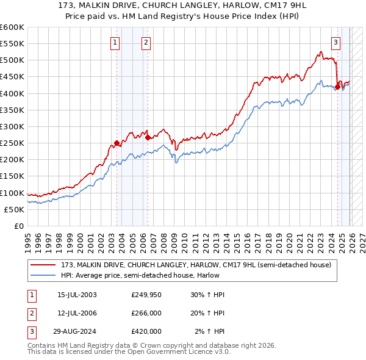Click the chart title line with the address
(182, 5)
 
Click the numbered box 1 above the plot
(116, 42)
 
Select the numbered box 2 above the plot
(146, 42)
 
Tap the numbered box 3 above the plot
(336, 42)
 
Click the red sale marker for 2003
(117, 143)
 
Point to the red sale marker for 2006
(147, 138)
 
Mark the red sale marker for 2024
(338, 87)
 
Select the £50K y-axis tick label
(15, 209)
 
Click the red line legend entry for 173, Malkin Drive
(196, 265)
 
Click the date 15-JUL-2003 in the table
(77, 295)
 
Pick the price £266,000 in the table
(146, 313)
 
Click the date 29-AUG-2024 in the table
(77, 331)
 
